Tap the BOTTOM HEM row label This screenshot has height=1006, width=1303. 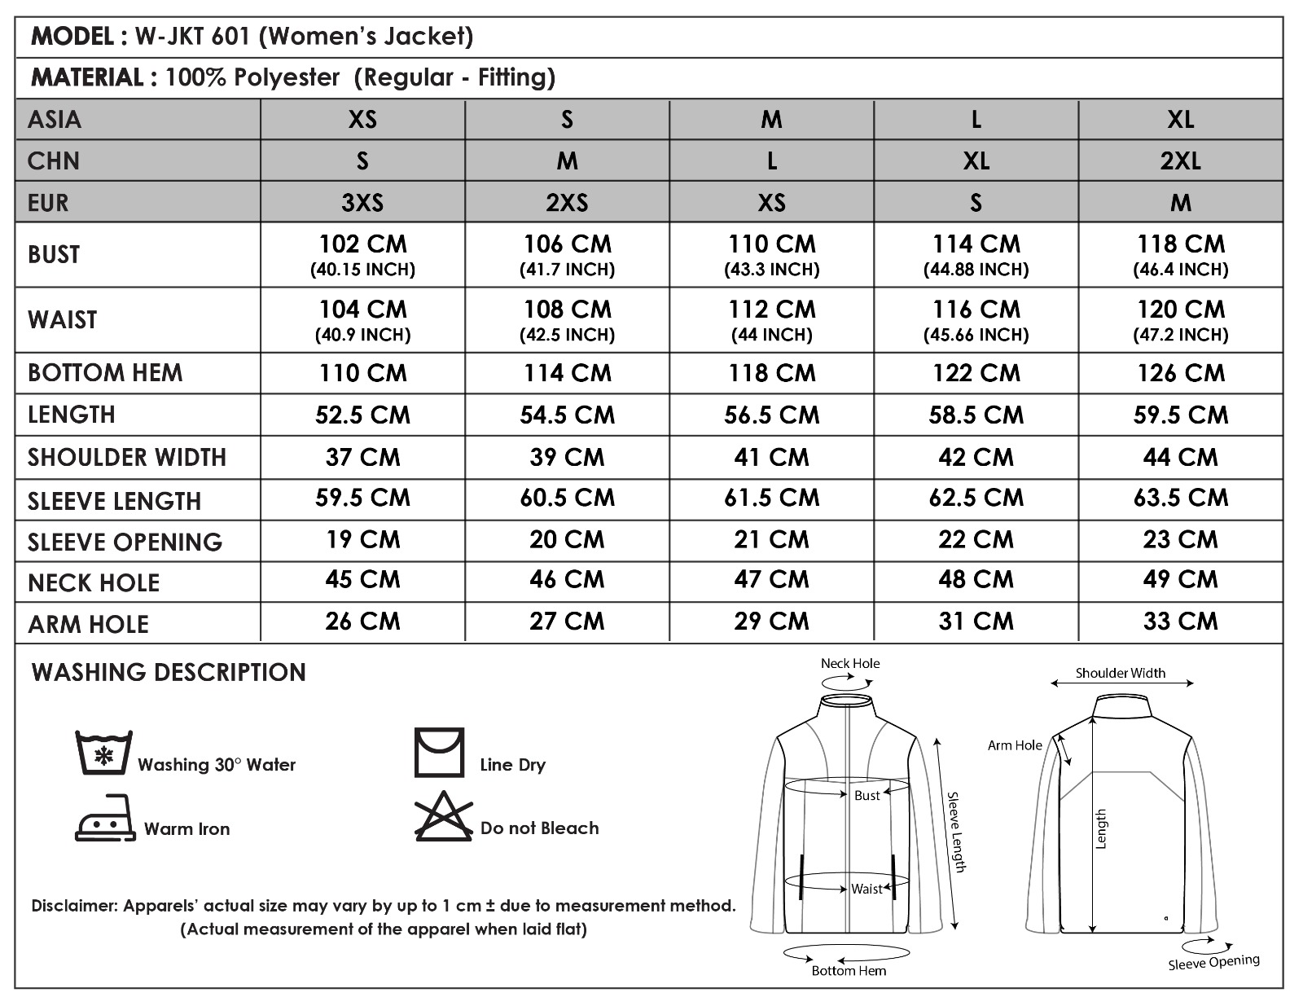(105, 373)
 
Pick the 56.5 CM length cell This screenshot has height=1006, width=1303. (771, 415)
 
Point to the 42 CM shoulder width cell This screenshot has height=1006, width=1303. (976, 457)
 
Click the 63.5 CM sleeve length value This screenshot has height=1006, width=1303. (1180, 498)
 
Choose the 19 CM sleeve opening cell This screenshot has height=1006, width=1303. (362, 539)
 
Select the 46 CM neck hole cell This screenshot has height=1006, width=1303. (567, 580)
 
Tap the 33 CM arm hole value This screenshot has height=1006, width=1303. (1180, 622)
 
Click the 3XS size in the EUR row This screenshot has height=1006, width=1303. (362, 202)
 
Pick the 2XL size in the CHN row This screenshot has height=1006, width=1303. (1180, 160)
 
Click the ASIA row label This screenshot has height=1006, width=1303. (55, 120)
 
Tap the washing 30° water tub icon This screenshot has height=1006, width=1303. (103, 753)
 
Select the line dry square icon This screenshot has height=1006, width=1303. (439, 753)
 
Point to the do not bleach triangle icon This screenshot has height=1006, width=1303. (444, 817)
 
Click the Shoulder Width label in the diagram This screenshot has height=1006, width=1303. (1120, 673)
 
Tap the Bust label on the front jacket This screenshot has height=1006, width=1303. (866, 795)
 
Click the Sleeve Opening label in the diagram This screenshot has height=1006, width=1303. (1213, 962)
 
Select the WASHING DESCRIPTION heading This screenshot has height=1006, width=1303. (169, 672)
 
